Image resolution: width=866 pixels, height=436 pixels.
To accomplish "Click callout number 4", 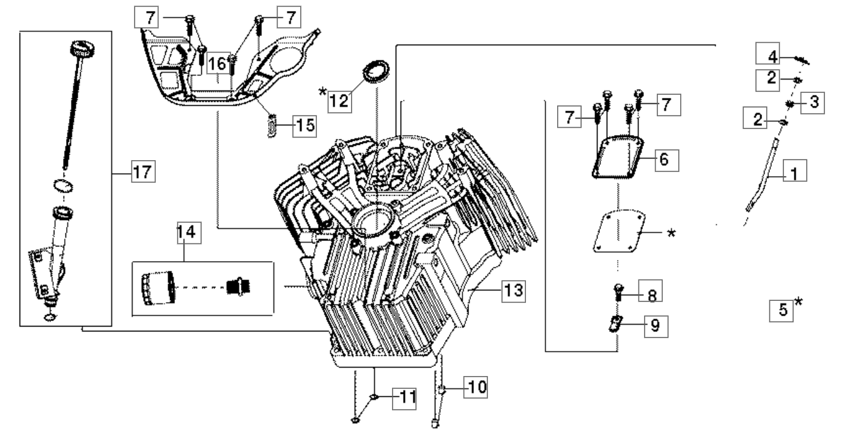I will coord(774,57).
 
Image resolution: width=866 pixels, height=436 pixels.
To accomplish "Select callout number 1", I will coord(794,174).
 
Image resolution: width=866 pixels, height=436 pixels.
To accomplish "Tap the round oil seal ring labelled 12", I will coord(377,68).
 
